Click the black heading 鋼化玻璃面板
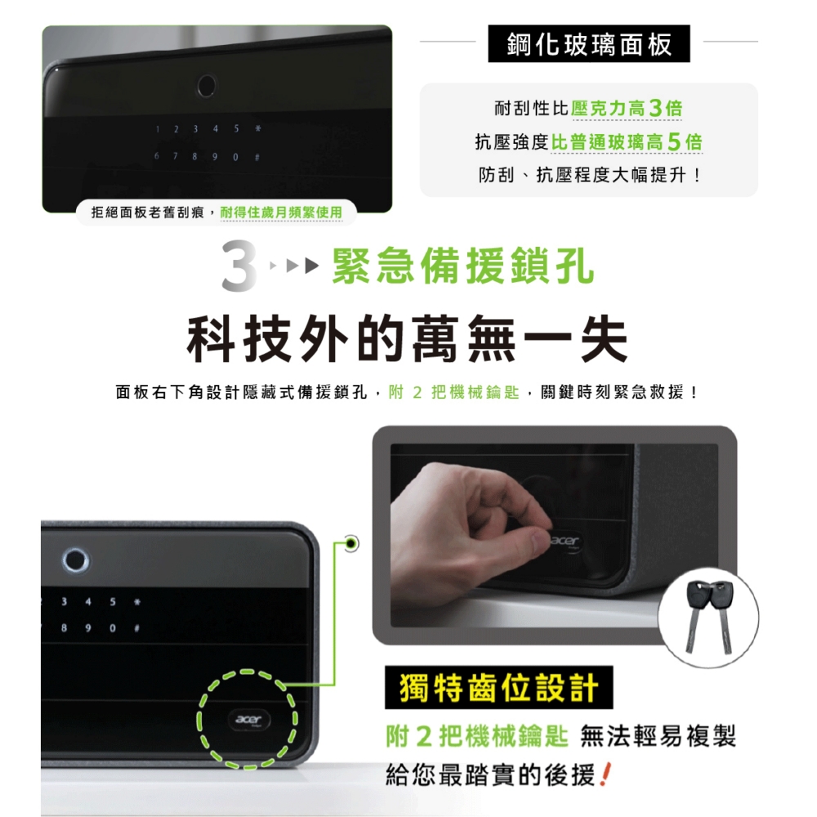(589, 44)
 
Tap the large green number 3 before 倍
(655, 109)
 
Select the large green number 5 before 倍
(674, 141)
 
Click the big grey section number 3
(239, 266)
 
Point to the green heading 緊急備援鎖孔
(462, 266)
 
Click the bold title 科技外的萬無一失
(407, 339)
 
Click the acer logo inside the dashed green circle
(248, 720)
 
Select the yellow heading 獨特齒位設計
(498, 687)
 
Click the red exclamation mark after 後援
(605, 775)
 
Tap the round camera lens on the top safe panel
(207, 86)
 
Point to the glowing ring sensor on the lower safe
(76, 560)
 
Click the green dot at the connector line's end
(351, 544)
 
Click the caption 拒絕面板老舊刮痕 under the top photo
(148, 212)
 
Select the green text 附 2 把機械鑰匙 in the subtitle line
(453, 392)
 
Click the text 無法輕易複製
(658, 736)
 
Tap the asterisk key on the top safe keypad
(258, 128)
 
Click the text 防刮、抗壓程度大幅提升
(589, 175)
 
